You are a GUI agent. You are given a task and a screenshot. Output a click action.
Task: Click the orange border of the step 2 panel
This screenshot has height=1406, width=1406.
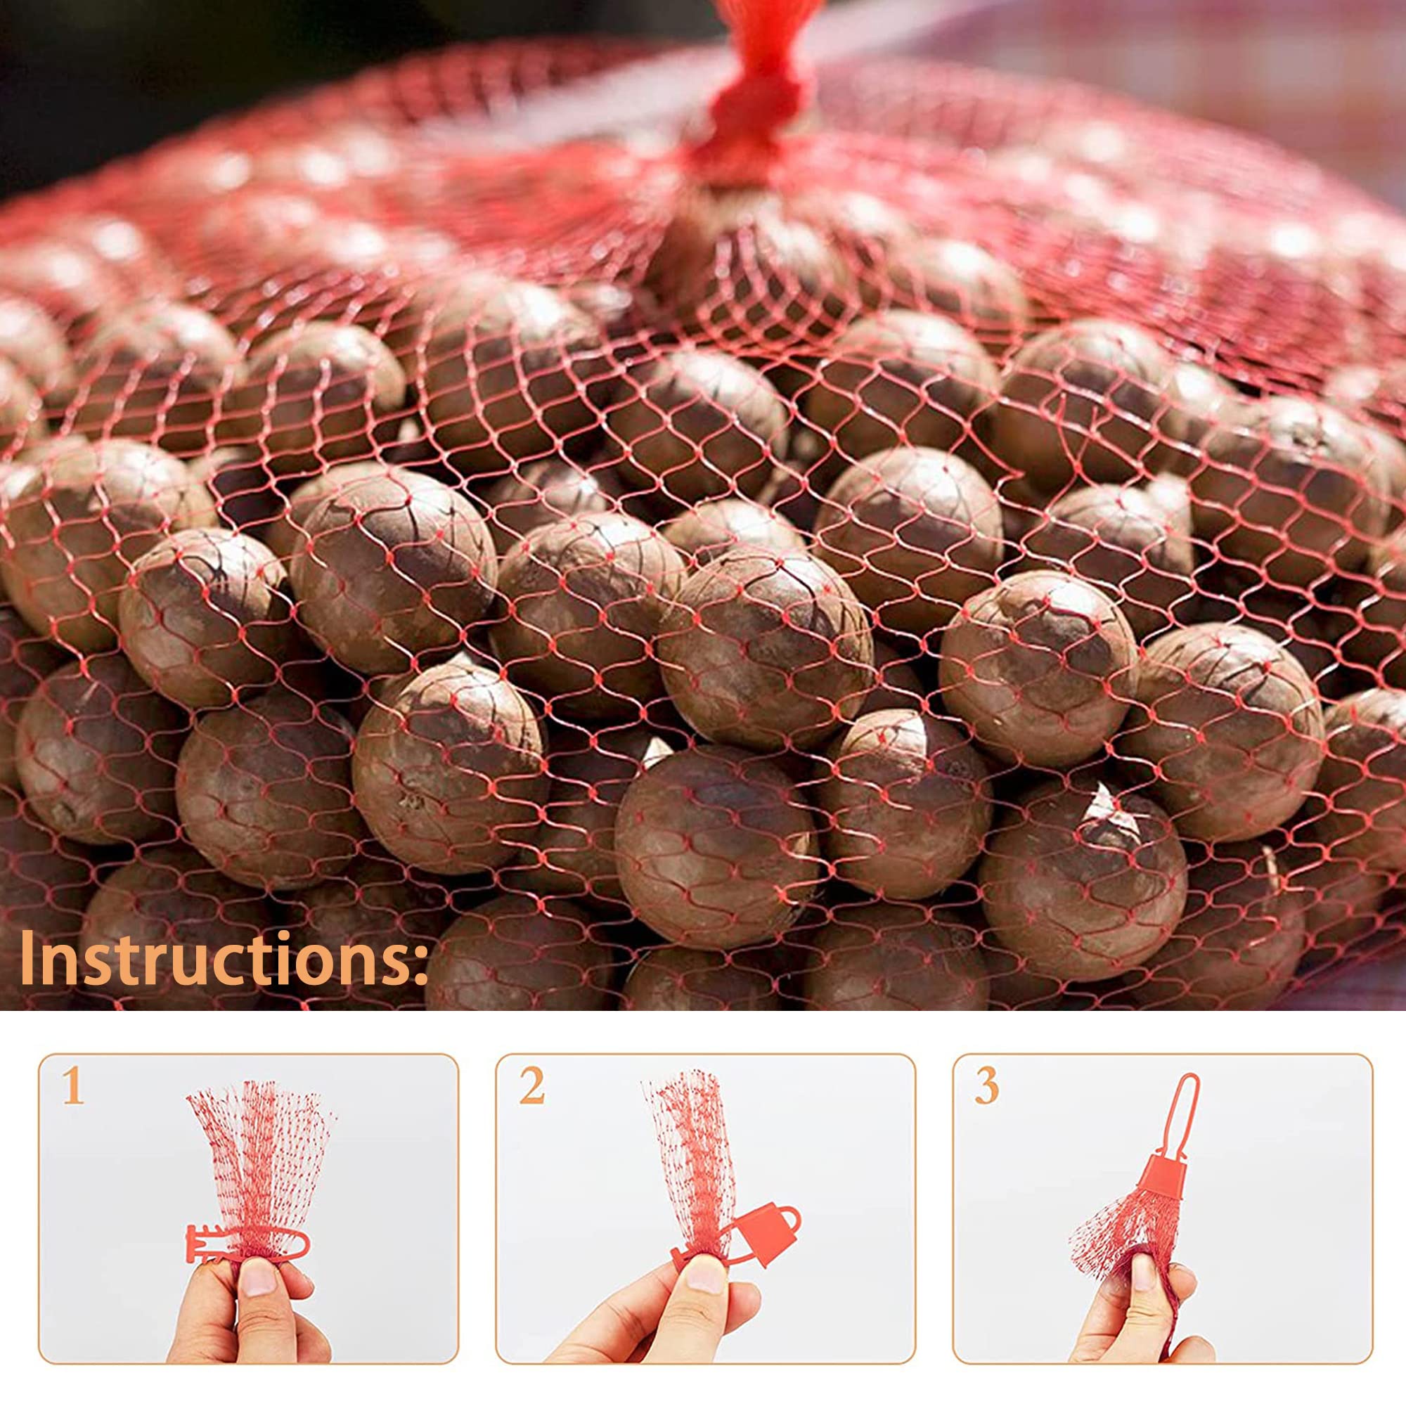[705, 1055]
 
